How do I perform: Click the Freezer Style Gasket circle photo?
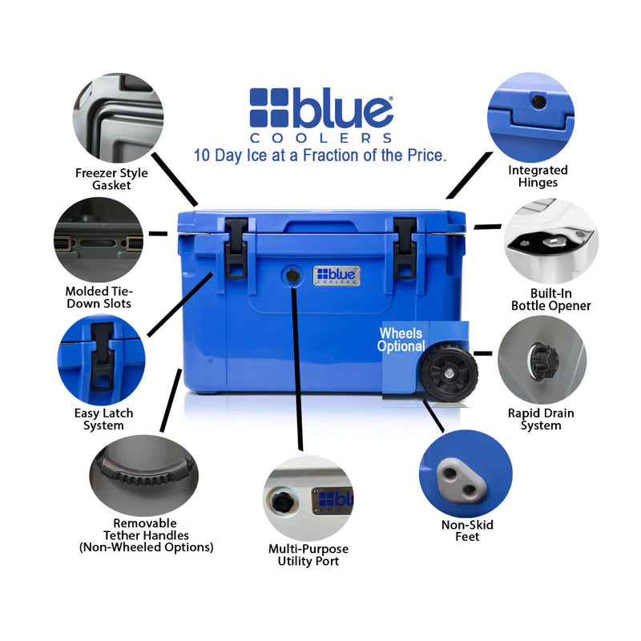point(118,118)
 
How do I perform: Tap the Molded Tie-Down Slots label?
point(99,297)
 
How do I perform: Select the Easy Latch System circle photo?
point(102,360)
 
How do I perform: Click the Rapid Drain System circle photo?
point(542,359)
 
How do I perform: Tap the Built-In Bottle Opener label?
point(550,300)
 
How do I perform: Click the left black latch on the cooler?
point(236,247)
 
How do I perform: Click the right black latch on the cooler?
point(405,247)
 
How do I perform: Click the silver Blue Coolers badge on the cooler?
point(337,276)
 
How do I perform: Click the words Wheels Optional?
point(401,340)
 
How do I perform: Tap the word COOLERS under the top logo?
point(342,138)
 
